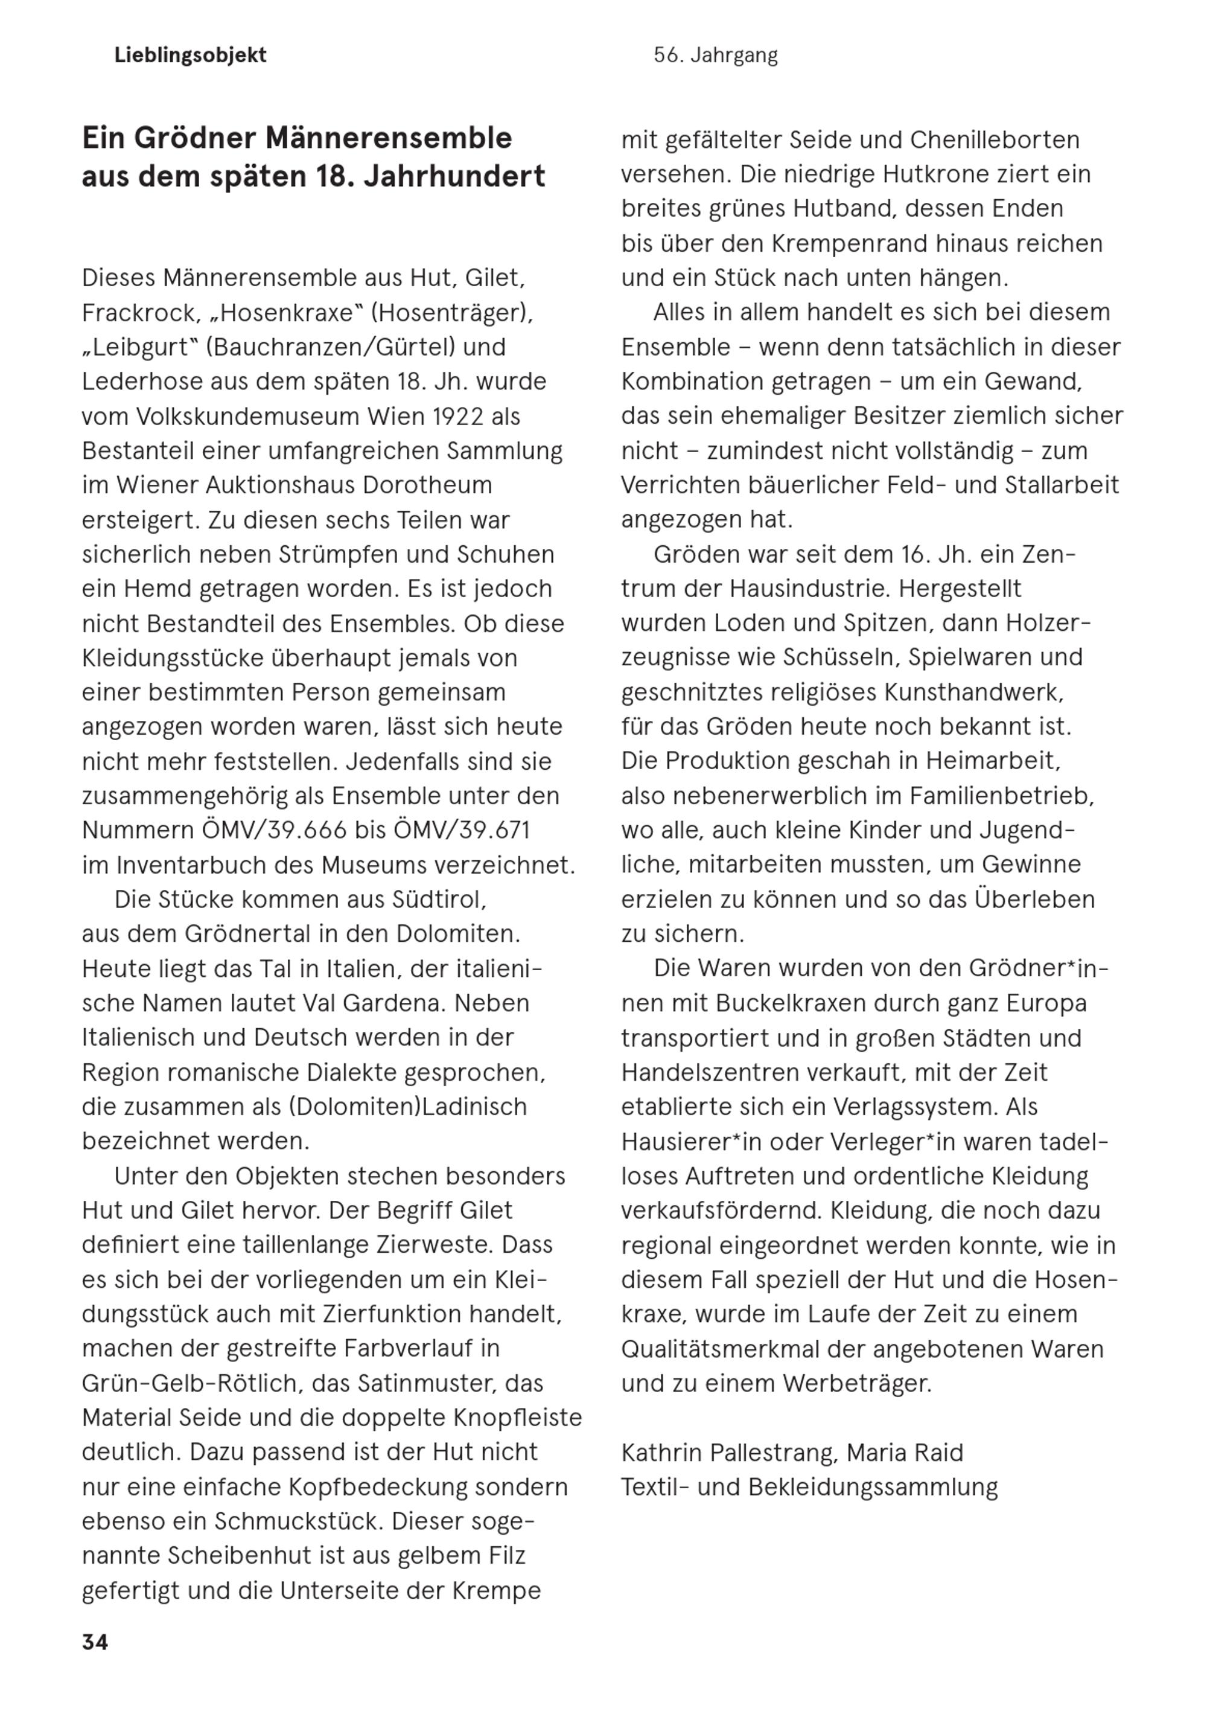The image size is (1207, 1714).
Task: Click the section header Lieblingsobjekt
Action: pos(190,56)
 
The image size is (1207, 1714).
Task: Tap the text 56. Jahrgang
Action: pos(715,56)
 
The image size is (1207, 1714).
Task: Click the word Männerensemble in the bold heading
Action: pos(389,138)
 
